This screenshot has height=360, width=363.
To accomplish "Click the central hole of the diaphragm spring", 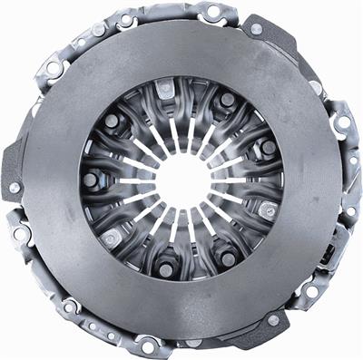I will point(181,180).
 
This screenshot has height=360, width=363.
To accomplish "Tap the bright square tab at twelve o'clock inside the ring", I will point(165,92).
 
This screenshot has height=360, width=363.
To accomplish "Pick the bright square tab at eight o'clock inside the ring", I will point(110,238).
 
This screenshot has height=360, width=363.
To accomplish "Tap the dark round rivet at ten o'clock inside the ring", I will point(112,120).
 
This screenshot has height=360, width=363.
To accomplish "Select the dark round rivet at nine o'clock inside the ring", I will point(91,180).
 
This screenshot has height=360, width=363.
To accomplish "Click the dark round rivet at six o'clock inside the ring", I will point(165,269).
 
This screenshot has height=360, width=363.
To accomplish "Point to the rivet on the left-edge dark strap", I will point(15,188).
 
